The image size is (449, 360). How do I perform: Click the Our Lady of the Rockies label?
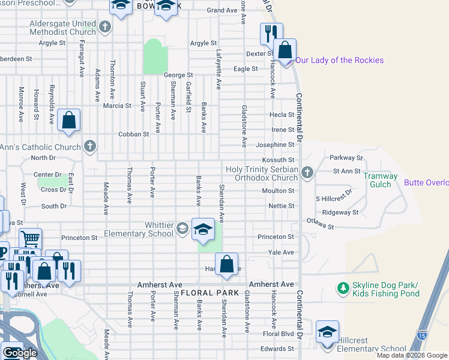[x=339, y=60]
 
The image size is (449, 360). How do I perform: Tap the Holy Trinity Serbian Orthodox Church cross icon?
[x=307, y=173]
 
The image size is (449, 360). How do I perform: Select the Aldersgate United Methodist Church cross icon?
[x=105, y=26]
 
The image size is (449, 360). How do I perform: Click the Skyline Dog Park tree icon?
[x=343, y=289]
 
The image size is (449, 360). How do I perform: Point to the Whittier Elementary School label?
[x=139, y=229]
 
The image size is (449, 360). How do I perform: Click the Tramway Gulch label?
[x=381, y=180]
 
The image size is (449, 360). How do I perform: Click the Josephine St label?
[x=275, y=145]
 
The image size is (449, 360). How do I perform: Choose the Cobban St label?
[x=133, y=134]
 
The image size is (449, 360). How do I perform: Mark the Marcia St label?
[x=117, y=106]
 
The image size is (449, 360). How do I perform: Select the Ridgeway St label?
[x=340, y=212]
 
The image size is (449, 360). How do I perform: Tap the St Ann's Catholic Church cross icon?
[x=89, y=146]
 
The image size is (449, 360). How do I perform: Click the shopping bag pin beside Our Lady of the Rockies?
[x=285, y=52]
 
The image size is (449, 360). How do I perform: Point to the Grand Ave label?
[x=222, y=10]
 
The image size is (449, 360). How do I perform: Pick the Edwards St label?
[x=277, y=349]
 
